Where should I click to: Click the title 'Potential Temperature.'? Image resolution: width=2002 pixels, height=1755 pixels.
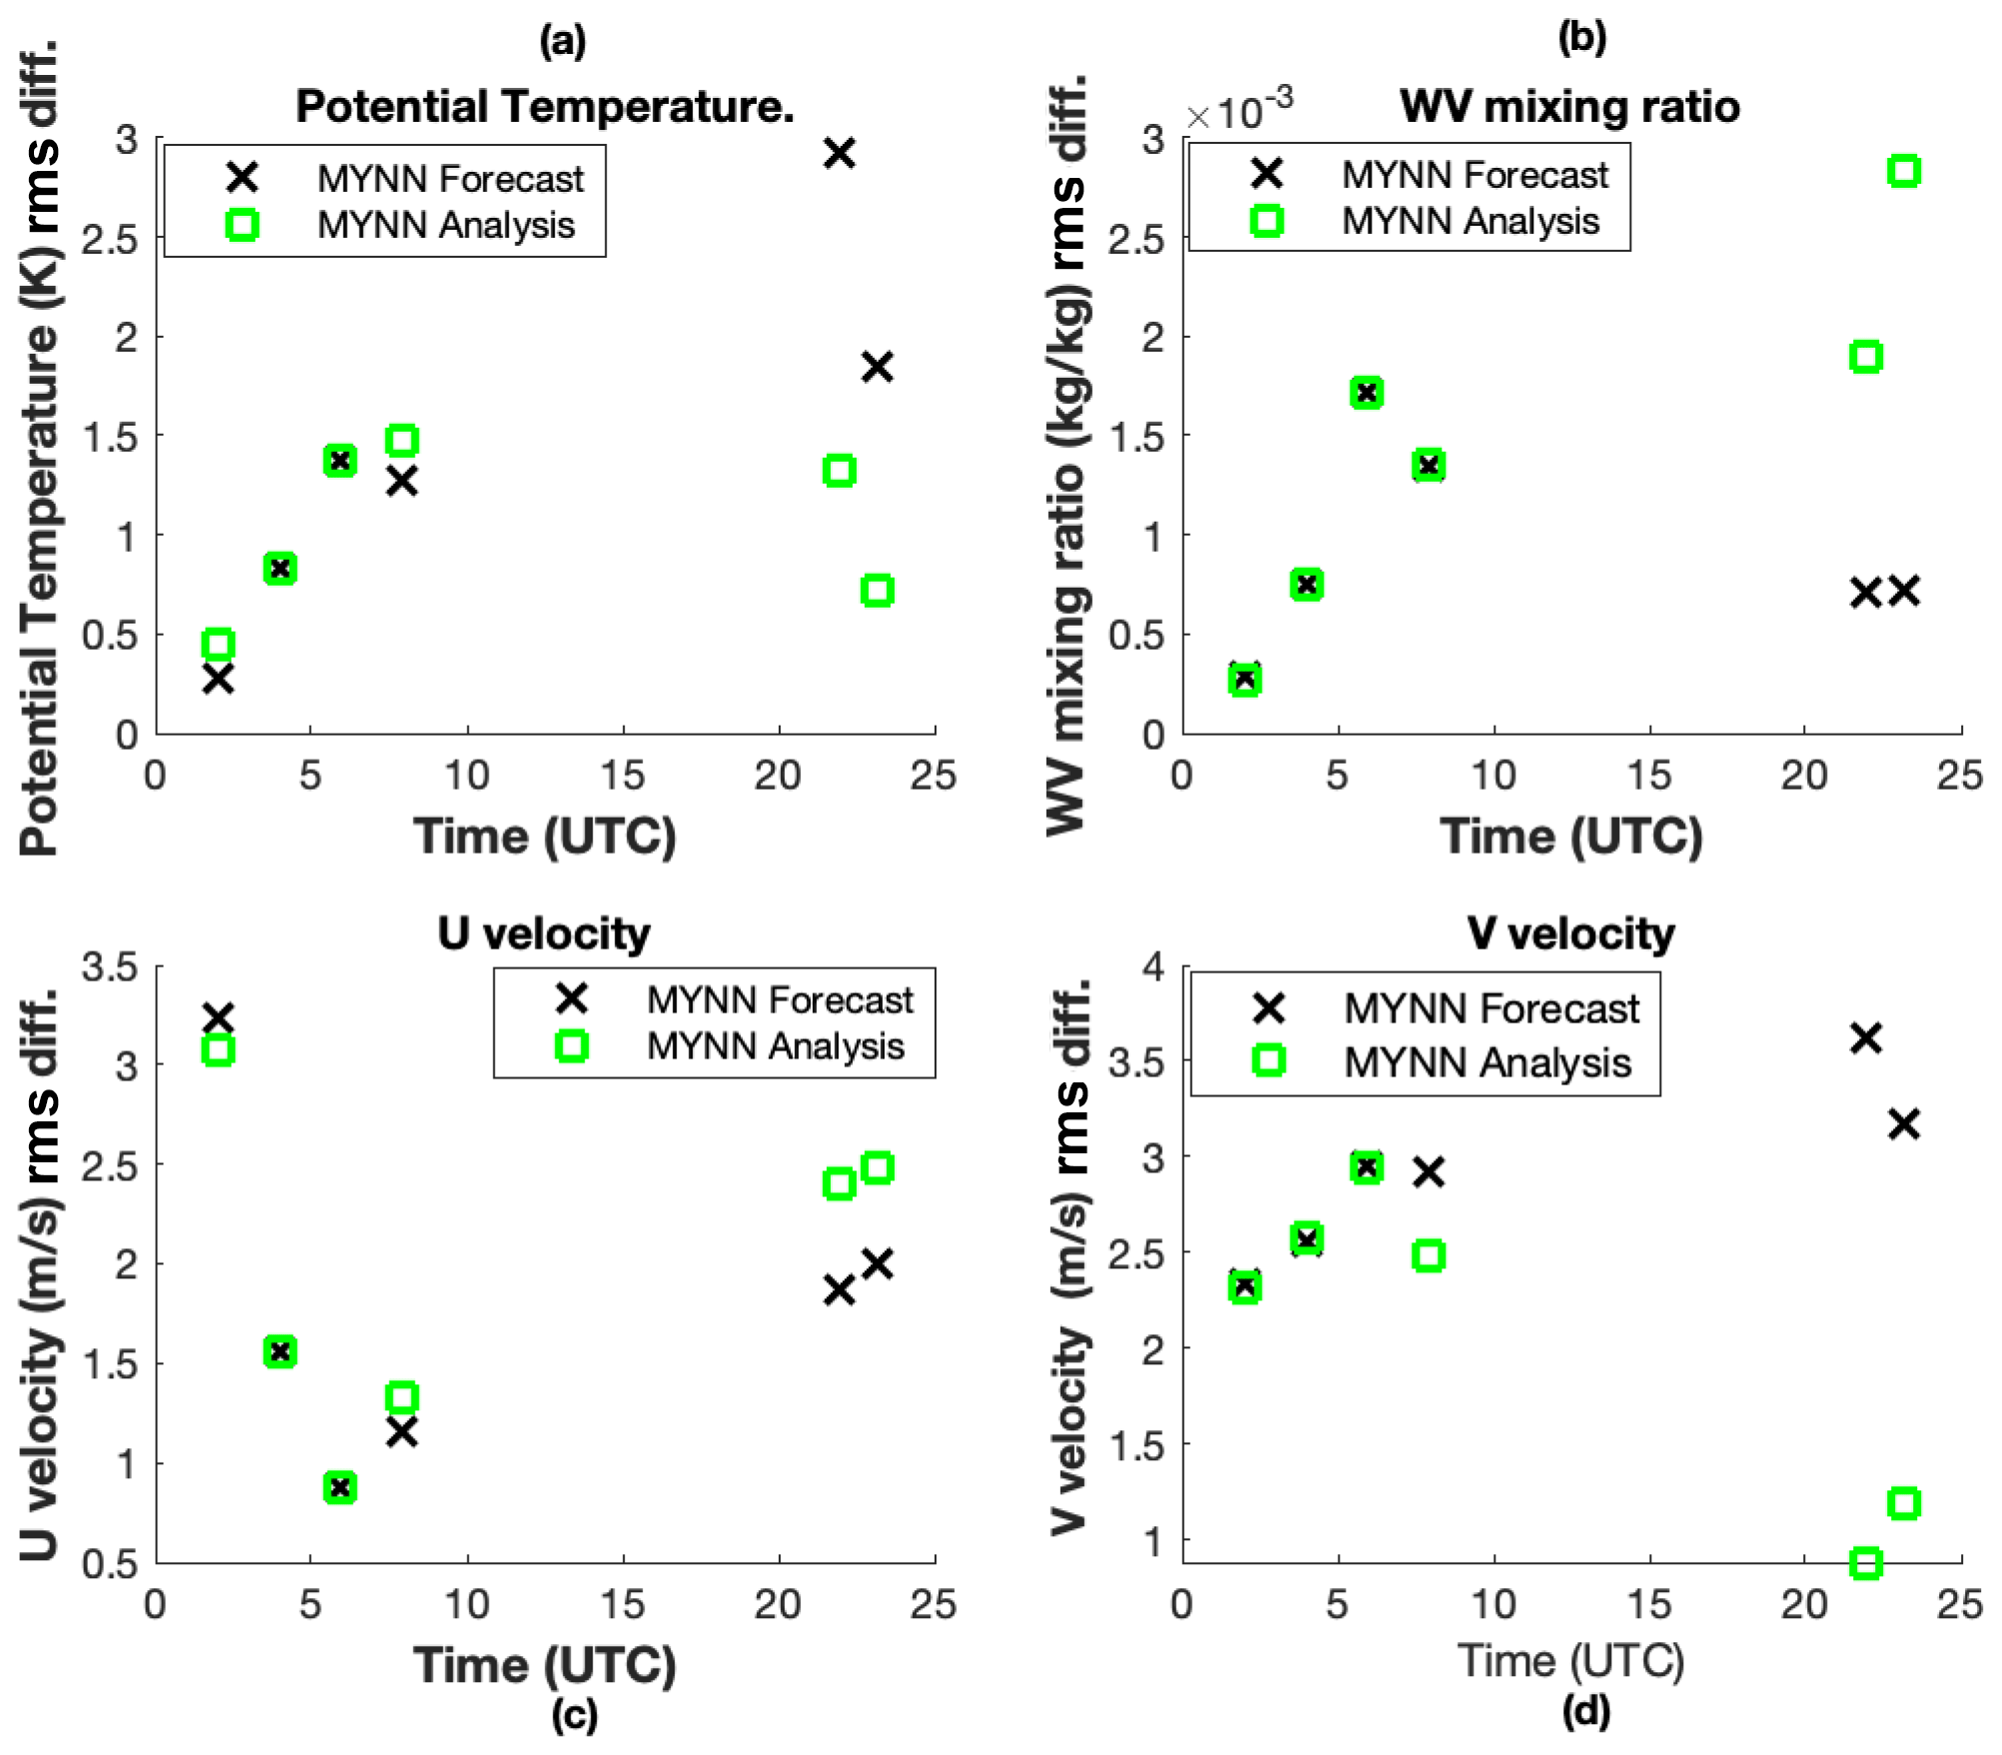click(x=545, y=106)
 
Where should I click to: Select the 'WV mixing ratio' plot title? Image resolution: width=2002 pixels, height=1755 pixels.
click(x=1569, y=106)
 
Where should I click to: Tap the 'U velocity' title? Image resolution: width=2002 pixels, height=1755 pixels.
click(x=544, y=933)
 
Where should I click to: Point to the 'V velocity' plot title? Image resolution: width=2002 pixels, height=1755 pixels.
click(x=1570, y=933)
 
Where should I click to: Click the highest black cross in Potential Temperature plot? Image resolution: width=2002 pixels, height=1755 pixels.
click(x=840, y=153)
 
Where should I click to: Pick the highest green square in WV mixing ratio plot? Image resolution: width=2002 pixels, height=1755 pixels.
click(x=1904, y=171)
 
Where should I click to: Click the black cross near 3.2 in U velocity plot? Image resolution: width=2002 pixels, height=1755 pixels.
click(x=218, y=1018)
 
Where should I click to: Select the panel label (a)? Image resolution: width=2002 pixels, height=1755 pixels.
click(x=563, y=41)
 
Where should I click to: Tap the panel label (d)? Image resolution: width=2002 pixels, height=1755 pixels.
click(x=1585, y=1712)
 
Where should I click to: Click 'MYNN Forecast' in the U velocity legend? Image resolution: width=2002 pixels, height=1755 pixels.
click(x=780, y=999)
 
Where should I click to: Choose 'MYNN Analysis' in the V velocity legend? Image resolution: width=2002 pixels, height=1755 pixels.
click(x=1487, y=1062)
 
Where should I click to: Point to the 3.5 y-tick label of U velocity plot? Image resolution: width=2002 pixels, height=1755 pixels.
click(x=110, y=967)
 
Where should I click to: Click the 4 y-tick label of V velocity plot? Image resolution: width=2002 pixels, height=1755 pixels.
click(x=1154, y=967)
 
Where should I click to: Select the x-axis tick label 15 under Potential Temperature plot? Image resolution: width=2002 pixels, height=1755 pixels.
click(x=623, y=776)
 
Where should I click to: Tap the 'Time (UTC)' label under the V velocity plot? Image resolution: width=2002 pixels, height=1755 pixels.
click(x=1570, y=1661)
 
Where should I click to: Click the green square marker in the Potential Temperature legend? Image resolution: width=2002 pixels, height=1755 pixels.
click(x=242, y=225)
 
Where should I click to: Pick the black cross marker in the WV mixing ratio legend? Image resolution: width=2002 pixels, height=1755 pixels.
click(x=1266, y=174)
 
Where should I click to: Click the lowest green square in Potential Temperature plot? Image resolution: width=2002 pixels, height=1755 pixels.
click(x=218, y=644)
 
